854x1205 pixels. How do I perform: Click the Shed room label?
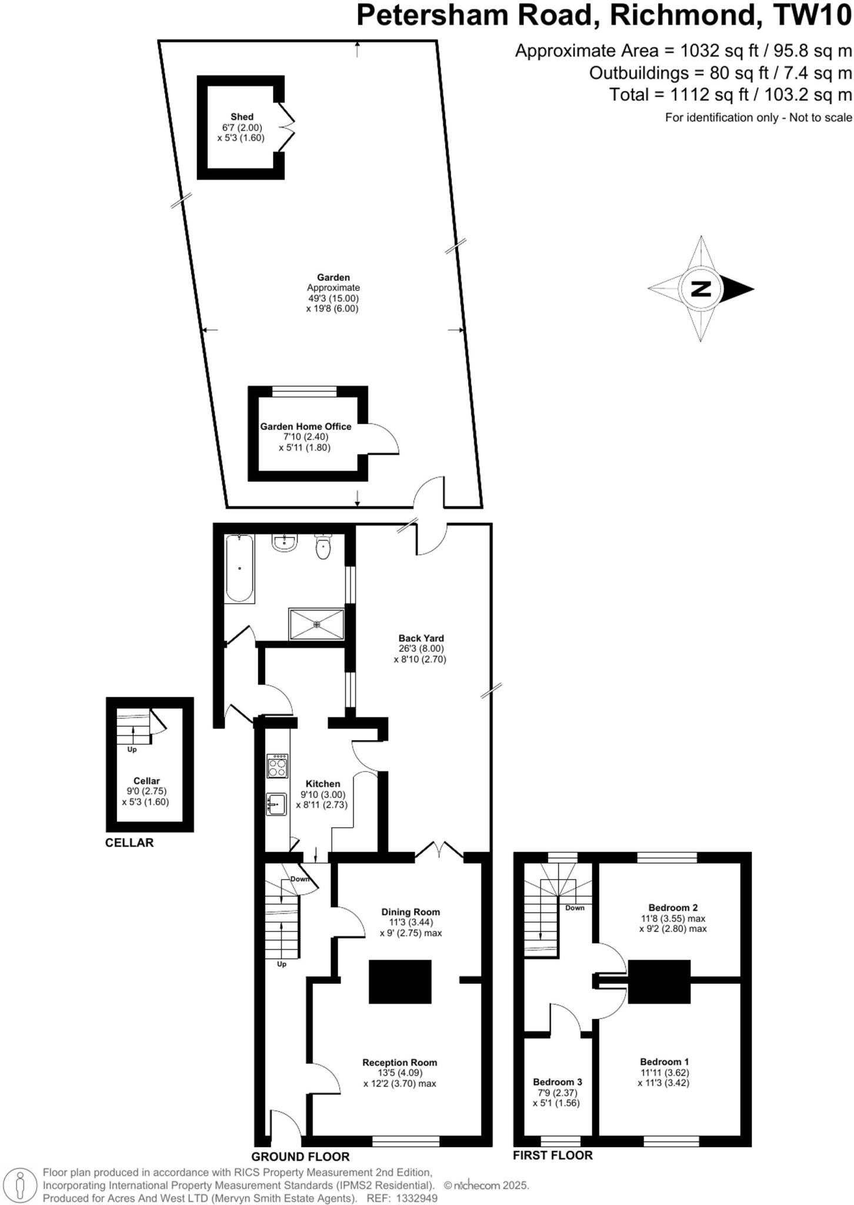(242, 117)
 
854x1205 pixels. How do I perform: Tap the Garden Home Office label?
(306, 427)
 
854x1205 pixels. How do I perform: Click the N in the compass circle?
(700, 289)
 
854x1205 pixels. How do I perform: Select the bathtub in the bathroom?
(239, 568)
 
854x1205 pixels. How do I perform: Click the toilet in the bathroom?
(323, 547)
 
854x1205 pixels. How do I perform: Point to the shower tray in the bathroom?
(316, 624)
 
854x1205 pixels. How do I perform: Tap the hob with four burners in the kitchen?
(278, 765)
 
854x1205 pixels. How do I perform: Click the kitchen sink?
(276, 804)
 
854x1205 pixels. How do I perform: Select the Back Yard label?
(421, 638)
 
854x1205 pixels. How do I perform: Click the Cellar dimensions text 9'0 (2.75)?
(146, 791)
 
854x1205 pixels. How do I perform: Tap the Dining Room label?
(411, 912)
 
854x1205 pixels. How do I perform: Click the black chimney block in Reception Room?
(400, 981)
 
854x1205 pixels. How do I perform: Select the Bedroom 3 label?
(558, 1082)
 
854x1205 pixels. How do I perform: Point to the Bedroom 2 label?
(673, 907)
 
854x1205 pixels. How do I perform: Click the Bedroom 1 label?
(664, 1061)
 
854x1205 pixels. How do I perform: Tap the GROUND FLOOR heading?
(301, 1156)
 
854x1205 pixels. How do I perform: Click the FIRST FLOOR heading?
(552, 1155)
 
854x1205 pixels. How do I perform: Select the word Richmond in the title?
(682, 15)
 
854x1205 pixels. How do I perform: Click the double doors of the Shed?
(288, 126)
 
